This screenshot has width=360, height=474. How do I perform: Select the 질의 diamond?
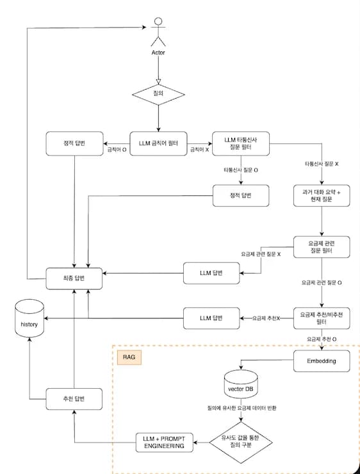pyautogui.click(x=158, y=94)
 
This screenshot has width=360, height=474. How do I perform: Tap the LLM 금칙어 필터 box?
pyautogui.click(x=158, y=143)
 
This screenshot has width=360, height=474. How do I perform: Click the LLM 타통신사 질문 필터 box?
pyautogui.click(x=241, y=143)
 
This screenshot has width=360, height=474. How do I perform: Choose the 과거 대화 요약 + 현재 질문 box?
pyautogui.click(x=322, y=196)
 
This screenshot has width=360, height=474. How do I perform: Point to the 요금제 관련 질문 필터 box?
pyautogui.click(x=322, y=247)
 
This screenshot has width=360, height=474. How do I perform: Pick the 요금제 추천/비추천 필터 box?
pyautogui.click(x=322, y=318)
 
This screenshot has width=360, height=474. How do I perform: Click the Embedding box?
pyautogui.click(x=322, y=361)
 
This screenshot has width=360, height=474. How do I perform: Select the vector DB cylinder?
pyautogui.click(x=241, y=384)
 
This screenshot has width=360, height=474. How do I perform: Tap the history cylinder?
pyautogui.click(x=29, y=318)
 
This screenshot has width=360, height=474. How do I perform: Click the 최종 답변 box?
pyautogui.click(x=74, y=279)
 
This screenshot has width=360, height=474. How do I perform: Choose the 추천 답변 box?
pyautogui.click(x=74, y=399)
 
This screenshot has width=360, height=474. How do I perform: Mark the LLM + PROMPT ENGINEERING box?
pyautogui.click(x=165, y=443)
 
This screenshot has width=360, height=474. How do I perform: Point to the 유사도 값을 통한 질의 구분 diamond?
pyautogui.click(x=241, y=443)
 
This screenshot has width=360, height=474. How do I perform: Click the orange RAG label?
pyautogui.click(x=129, y=357)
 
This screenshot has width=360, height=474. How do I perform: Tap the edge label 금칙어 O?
pyautogui.click(x=117, y=150)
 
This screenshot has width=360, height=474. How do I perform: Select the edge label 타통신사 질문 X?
pyautogui.click(x=322, y=165)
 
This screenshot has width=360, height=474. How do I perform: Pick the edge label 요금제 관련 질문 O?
pyautogui.click(x=322, y=283)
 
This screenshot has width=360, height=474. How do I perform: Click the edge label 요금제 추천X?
pyautogui.click(x=266, y=318)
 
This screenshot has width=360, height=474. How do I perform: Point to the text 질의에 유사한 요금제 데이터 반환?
pyautogui.click(x=241, y=408)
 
